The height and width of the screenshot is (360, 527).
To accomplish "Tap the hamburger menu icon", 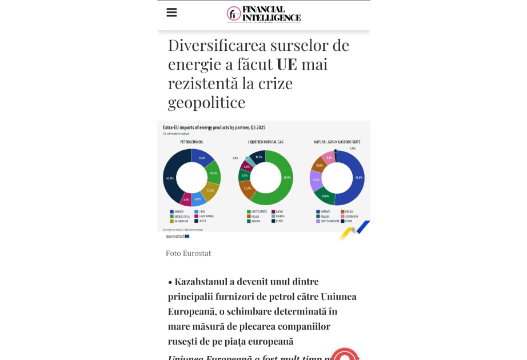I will click(171, 13).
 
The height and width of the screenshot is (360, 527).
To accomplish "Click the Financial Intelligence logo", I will click(263, 14).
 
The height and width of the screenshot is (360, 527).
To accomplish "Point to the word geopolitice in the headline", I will click(206, 102).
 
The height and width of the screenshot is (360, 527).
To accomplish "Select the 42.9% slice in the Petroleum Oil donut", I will click(170, 178).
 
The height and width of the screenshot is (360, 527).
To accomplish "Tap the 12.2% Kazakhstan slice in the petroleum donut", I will click(210, 191).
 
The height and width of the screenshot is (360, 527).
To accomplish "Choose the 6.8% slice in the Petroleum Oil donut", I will click(186, 199).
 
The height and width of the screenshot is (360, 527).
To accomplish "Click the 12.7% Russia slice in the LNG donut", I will click(247, 189).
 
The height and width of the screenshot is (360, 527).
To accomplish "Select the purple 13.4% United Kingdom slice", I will click(316, 179).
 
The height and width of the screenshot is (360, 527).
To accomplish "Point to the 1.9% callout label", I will click(352, 149).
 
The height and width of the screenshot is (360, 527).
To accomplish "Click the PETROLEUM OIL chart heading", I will click(191, 142).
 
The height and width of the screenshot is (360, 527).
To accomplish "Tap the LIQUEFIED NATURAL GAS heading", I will click(265, 142).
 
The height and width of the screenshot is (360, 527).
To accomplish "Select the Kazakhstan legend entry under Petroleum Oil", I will click(179, 221).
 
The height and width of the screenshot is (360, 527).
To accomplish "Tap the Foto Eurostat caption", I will click(188, 253).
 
